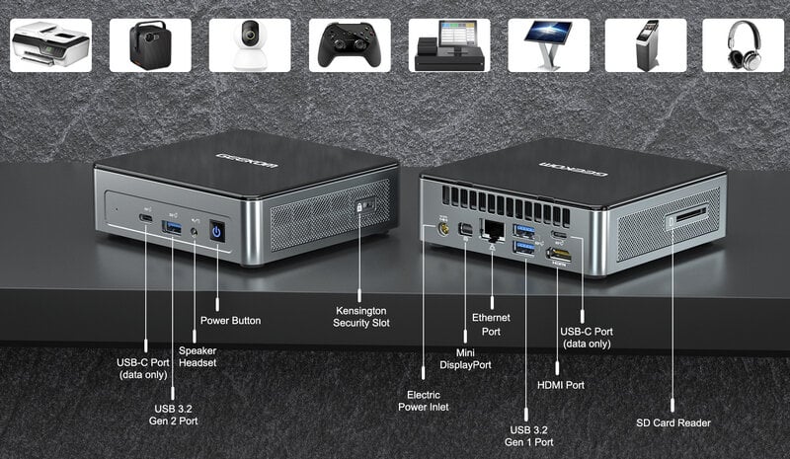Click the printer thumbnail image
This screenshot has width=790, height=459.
(51, 45)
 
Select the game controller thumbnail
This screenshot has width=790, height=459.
(350, 45)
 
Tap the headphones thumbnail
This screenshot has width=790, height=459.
(744, 45)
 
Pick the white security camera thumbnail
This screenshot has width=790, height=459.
(250, 45)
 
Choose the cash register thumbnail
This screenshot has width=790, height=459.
(449, 45)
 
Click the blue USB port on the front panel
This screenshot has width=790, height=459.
(172, 228)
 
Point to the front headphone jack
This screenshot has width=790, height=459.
(195, 232)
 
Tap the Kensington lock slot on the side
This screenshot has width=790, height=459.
(365, 205)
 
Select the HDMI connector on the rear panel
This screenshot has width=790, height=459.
(559, 255)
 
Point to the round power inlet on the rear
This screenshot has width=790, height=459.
(443, 229)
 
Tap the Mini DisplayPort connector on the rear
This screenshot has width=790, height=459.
(465, 230)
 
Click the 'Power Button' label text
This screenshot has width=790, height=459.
(231, 321)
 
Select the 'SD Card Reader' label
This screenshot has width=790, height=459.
(673, 422)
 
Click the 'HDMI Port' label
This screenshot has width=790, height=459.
(561, 385)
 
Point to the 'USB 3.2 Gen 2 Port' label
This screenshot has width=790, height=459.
(174, 415)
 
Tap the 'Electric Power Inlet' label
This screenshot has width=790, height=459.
(424, 401)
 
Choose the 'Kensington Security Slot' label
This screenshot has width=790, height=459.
(361, 317)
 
